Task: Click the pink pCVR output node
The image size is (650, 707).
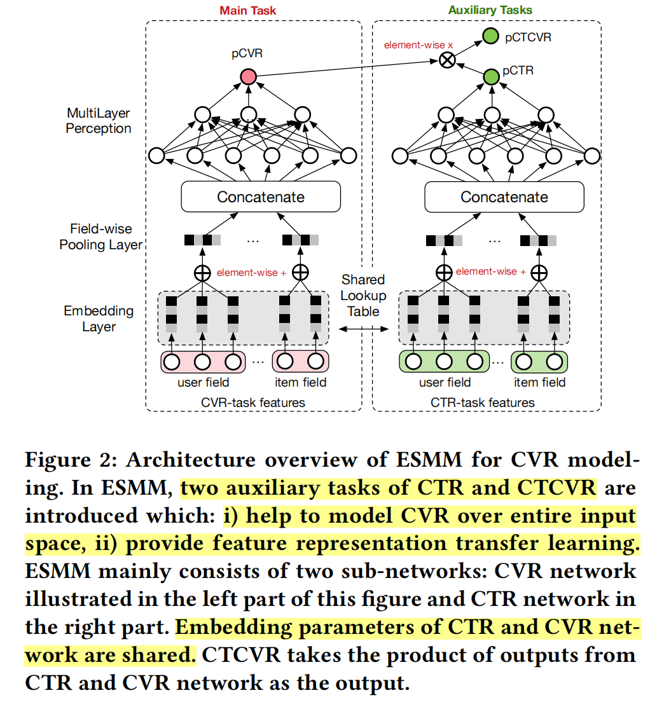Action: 248,77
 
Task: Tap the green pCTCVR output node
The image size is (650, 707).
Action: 490,37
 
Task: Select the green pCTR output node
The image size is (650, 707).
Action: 490,77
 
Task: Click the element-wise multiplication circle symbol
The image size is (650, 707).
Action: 448,60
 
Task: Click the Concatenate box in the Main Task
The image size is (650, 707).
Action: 261,196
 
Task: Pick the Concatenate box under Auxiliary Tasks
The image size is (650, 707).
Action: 504,196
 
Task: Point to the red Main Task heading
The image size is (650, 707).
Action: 248,10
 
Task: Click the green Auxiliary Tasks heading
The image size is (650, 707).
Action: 490,10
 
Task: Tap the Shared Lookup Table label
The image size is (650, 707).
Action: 363,295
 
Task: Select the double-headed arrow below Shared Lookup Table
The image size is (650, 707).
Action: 363,328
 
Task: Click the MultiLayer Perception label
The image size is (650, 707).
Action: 99,121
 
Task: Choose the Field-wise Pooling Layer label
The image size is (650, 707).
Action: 100,237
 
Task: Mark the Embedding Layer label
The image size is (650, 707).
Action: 99,319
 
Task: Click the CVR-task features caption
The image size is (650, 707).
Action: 253,402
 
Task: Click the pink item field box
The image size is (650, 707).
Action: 300,362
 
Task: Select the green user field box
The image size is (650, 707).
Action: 444,362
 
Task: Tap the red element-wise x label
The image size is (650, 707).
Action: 409,46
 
